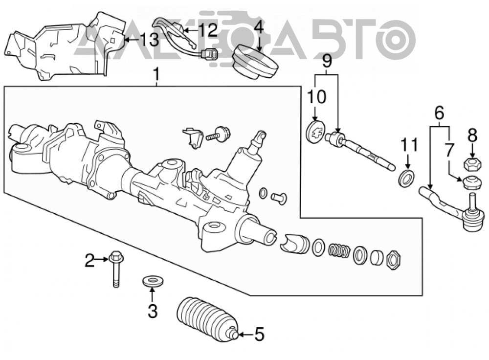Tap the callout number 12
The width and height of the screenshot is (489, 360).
(208, 30)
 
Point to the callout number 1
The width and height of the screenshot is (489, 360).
(156, 75)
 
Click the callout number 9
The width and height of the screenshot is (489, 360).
(327, 61)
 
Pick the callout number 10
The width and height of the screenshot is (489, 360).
(316, 96)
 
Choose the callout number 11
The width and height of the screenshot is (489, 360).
(409, 145)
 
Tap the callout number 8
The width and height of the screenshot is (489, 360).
(472, 136)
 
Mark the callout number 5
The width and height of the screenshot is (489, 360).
(260, 335)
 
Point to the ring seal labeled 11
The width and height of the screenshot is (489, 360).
(407, 179)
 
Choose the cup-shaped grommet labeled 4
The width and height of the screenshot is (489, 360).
(255, 62)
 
